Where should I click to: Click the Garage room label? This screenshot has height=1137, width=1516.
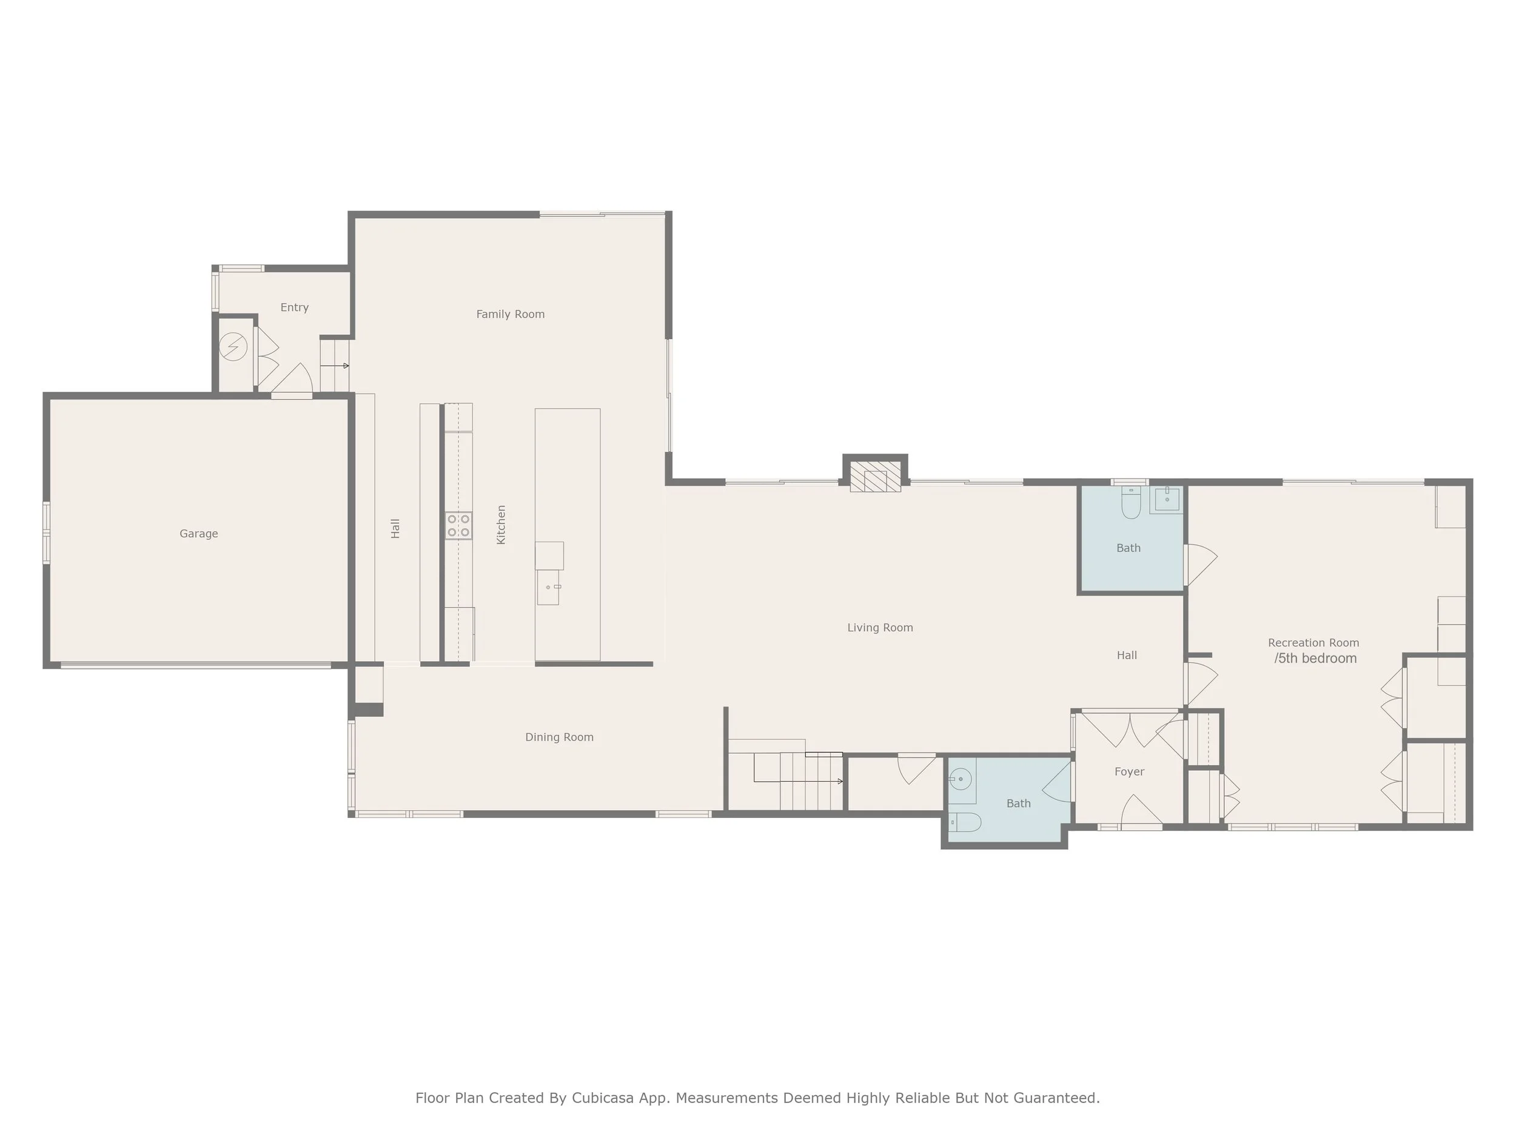(x=199, y=533)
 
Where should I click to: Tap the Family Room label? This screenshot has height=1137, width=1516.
(x=510, y=314)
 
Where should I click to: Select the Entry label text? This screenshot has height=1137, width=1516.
(x=294, y=307)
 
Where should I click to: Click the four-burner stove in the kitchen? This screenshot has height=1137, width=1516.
(x=458, y=526)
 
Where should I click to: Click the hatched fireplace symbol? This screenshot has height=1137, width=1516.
(x=875, y=477)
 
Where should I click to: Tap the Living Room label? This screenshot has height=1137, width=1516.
(x=879, y=627)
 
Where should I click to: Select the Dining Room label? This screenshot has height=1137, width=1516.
(x=558, y=737)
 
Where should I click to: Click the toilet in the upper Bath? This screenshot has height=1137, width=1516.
(x=1130, y=504)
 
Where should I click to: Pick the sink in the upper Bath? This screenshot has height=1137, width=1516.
(x=1167, y=500)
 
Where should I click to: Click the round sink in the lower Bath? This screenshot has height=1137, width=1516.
(x=961, y=779)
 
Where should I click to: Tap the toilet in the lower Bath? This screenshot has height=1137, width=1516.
(x=964, y=822)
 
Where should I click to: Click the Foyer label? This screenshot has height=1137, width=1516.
(x=1129, y=771)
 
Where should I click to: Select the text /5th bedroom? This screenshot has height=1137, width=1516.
(x=1315, y=658)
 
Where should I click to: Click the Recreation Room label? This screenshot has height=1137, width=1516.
(x=1312, y=642)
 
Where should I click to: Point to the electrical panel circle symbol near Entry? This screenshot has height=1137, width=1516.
(x=233, y=347)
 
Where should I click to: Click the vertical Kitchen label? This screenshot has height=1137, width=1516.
(x=501, y=525)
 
